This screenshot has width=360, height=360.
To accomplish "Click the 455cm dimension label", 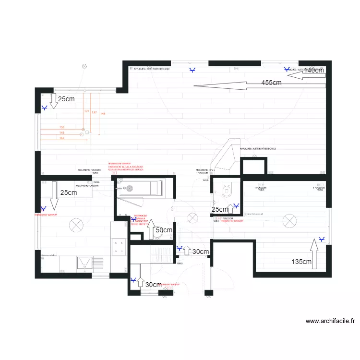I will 271,83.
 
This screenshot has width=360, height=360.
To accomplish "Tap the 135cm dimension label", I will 301,262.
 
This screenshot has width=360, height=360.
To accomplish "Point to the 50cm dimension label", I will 164,230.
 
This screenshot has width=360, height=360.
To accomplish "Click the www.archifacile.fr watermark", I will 329,321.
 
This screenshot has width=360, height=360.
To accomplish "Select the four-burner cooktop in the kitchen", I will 119,248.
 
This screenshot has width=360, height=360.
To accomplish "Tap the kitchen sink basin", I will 86,262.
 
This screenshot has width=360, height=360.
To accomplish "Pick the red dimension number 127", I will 87,111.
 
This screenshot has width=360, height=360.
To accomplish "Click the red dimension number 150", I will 62,127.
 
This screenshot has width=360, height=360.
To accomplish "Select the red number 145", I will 103,114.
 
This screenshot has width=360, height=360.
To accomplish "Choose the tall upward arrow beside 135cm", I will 314,252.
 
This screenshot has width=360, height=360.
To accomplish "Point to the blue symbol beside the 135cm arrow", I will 322,239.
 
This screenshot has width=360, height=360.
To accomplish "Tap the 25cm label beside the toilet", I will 220,210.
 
